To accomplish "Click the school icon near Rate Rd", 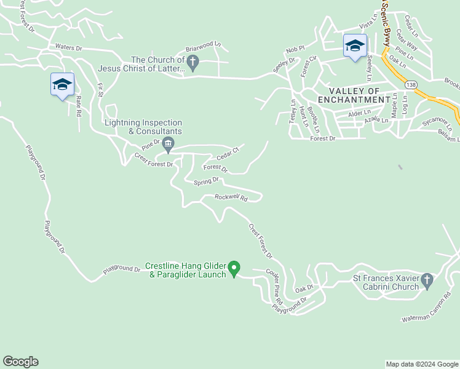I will (62, 85).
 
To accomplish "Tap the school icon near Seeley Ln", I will (355, 46).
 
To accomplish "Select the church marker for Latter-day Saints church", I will (192, 62).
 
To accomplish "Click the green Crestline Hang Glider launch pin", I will (234, 268).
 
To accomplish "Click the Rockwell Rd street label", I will (231, 197).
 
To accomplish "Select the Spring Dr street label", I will (206, 181).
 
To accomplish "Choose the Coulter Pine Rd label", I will (274, 287).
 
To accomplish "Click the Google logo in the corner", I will (20, 362).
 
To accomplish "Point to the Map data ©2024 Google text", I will (421, 364).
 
